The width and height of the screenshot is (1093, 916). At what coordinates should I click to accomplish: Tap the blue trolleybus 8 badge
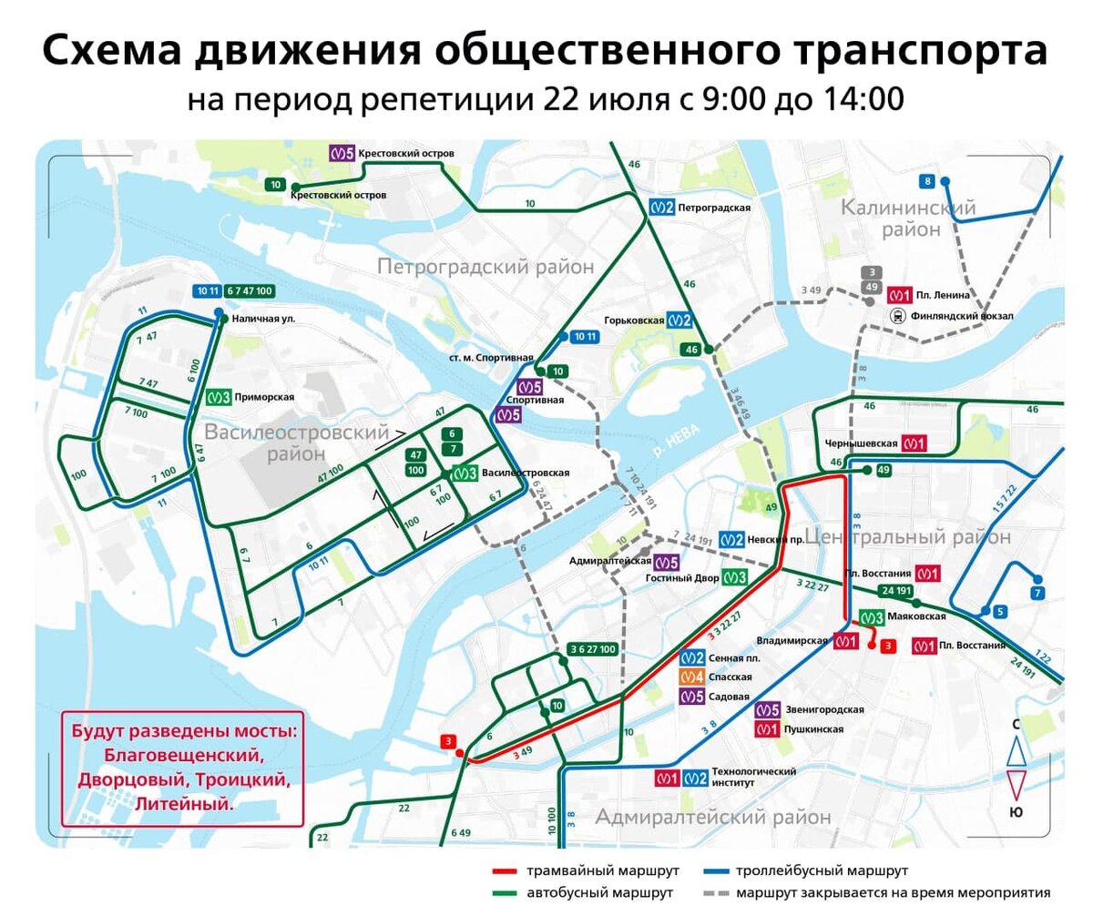tap(927, 180)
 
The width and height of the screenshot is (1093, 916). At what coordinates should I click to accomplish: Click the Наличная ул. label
tap(263, 319)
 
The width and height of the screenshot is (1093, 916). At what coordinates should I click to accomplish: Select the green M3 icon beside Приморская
tap(217, 397)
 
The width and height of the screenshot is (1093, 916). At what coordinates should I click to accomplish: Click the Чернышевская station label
tap(859, 443)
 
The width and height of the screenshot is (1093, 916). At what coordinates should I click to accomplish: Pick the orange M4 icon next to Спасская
tap(691, 677)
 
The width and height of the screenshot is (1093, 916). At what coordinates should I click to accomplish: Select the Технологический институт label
tap(753, 778)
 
